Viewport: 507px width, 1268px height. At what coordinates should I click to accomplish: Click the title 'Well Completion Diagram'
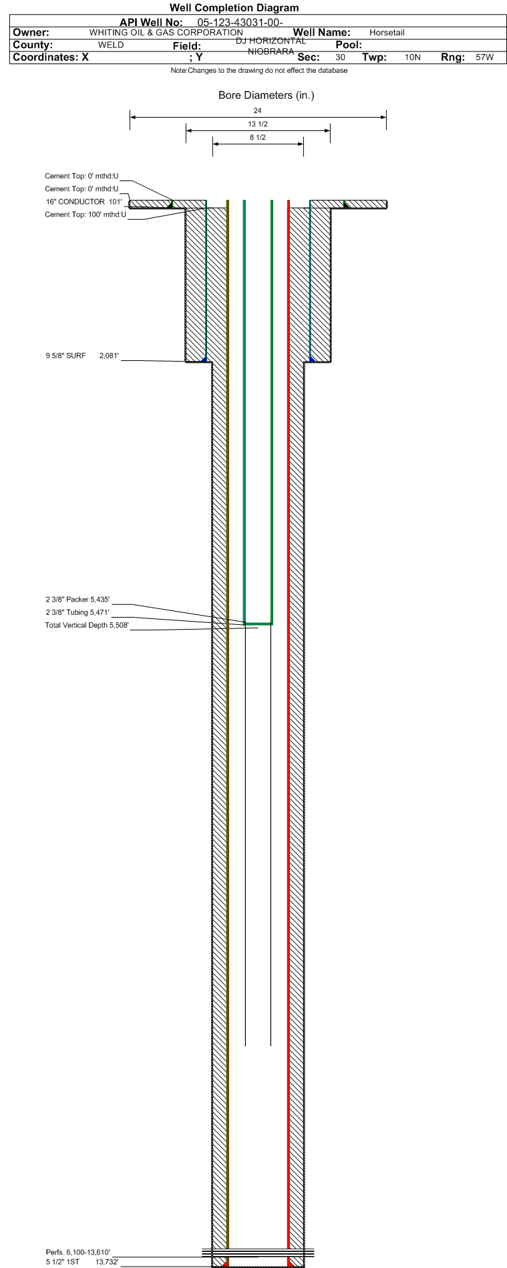pyautogui.click(x=234, y=8)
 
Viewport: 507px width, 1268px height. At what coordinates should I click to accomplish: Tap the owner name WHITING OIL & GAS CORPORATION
pyautogui.click(x=166, y=33)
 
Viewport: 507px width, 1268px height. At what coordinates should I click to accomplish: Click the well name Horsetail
pyautogui.click(x=387, y=33)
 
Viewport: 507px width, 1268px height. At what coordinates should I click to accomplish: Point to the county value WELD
pyautogui.click(x=111, y=45)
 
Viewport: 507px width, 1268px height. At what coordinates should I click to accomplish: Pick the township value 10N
pyautogui.click(x=413, y=57)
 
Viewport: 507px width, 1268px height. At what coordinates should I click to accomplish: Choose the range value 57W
pyautogui.click(x=485, y=57)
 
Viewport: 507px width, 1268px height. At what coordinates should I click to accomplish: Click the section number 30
pyautogui.click(x=341, y=57)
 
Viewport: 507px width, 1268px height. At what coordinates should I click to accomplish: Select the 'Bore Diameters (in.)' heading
pyautogui.click(x=266, y=96)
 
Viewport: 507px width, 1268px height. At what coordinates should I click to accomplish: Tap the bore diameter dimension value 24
pyautogui.click(x=258, y=111)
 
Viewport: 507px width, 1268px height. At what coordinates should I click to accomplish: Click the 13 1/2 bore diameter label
pyautogui.click(x=258, y=124)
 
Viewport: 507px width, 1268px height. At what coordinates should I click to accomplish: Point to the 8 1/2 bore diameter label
pyautogui.click(x=258, y=138)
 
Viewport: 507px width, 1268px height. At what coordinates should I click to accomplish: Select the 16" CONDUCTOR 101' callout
pyautogui.click(x=83, y=202)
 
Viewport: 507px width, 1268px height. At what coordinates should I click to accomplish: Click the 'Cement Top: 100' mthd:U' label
pyautogui.click(x=86, y=215)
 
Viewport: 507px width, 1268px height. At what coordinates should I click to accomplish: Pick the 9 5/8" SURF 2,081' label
pyautogui.click(x=82, y=356)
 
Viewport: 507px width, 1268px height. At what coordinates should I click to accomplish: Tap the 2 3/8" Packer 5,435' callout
pyautogui.click(x=77, y=600)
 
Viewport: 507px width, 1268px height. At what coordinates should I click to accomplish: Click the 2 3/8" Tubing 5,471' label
pyautogui.click(x=77, y=613)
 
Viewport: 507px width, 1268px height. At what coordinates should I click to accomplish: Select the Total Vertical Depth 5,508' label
pyautogui.click(x=87, y=626)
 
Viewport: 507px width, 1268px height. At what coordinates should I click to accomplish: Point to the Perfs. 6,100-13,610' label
pyautogui.click(x=77, y=1252)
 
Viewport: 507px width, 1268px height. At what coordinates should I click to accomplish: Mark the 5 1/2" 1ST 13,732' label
pyautogui.click(x=82, y=1262)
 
